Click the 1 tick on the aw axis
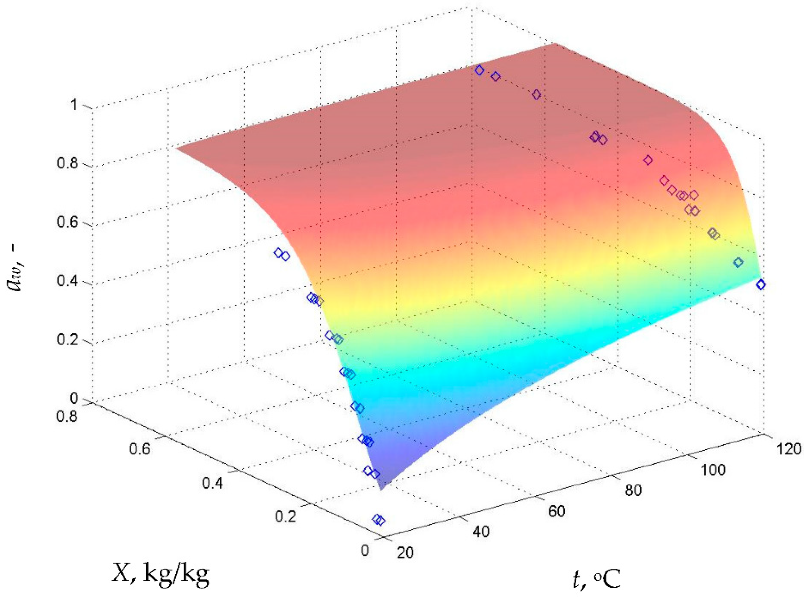tap(75, 106)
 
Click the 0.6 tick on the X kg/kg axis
tap(139, 449)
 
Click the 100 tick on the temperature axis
tap(713, 470)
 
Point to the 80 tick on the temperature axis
tap(633, 490)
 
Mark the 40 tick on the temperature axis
tap(481, 532)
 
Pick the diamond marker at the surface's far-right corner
tap(761, 285)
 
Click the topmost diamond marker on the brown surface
tap(479, 70)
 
